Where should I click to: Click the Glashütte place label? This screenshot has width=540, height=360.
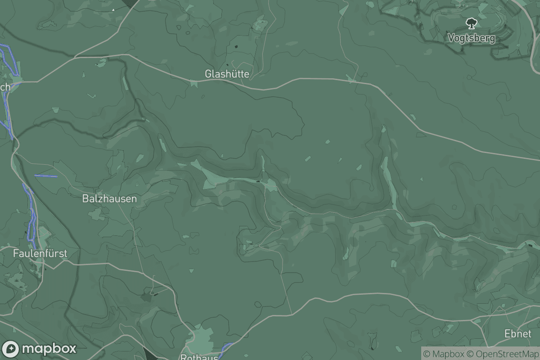[227, 74]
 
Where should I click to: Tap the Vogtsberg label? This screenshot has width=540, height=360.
[471, 38]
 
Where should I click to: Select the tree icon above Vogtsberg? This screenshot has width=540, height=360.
[471, 22]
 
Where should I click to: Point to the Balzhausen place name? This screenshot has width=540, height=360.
[109, 198]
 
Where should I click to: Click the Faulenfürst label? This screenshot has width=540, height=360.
[40, 253]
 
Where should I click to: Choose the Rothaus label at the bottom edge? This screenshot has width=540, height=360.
[199, 357]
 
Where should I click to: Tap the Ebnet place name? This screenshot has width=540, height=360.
[517, 334]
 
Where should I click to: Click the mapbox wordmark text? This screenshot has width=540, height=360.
[49, 349]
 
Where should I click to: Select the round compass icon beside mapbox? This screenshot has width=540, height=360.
[11, 349]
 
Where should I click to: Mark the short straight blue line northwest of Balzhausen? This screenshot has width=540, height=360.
[46, 175]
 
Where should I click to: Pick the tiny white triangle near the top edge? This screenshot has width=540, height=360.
[113, 9]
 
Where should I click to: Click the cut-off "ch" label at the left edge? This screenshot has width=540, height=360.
[5, 87]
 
